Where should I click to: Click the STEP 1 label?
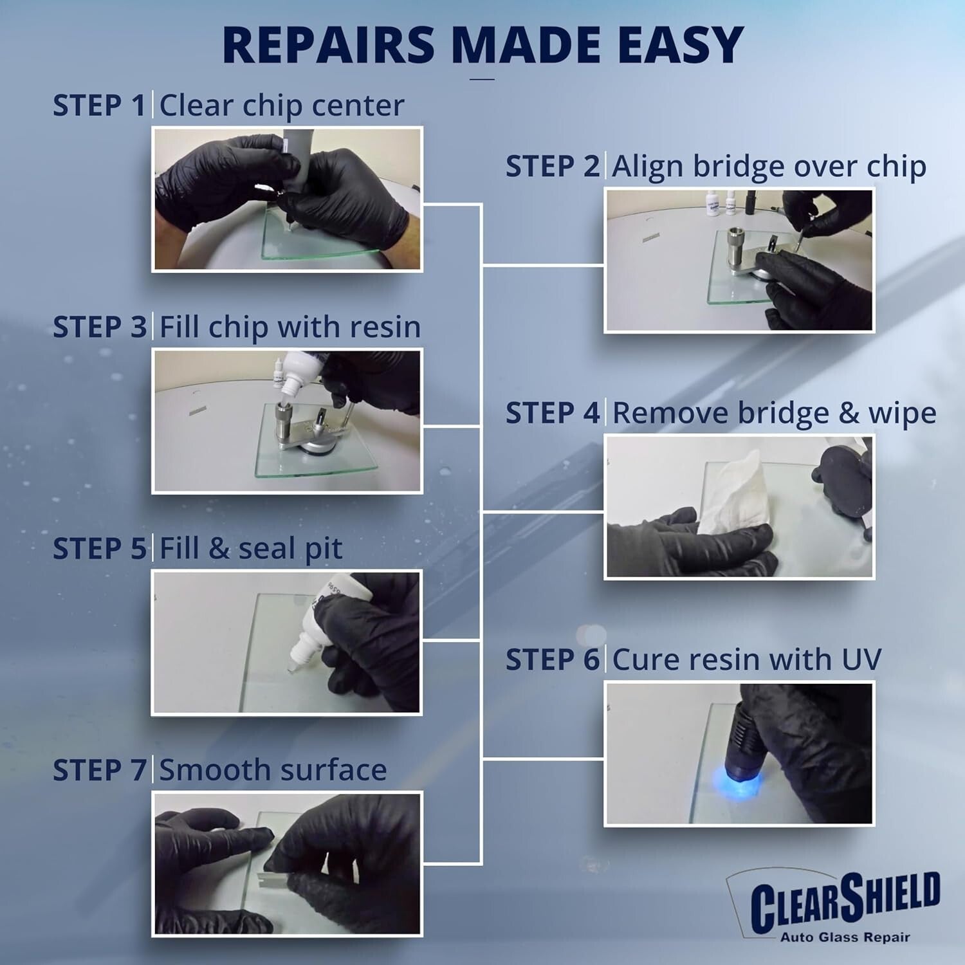[x=100, y=106]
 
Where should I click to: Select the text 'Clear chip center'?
[x=282, y=106]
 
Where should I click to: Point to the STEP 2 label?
[x=553, y=167]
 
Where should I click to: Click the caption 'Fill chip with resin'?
[x=289, y=327]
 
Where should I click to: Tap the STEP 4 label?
[x=553, y=413]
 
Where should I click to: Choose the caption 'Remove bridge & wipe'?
[x=774, y=413]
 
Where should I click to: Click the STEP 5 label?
[x=100, y=549]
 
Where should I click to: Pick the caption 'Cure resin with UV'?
[x=746, y=660]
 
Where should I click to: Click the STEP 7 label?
[x=100, y=771]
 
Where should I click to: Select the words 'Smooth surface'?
[x=273, y=771]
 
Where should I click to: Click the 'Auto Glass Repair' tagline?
[x=845, y=937]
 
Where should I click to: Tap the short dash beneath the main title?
[x=482, y=79]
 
